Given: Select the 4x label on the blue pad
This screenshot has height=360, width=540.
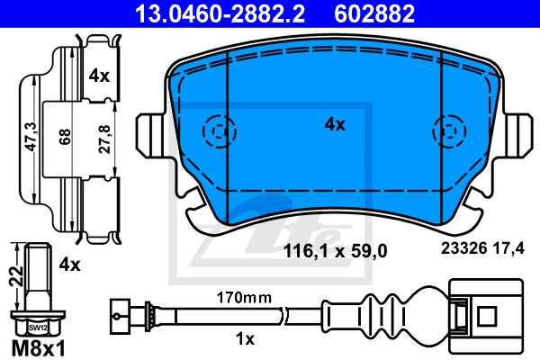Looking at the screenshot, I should [334, 125].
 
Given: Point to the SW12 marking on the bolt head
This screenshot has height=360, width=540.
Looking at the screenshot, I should [34, 328].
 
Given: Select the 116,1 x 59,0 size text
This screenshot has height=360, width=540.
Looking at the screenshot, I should [335, 253].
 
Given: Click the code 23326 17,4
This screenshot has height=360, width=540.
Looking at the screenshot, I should [481, 253].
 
